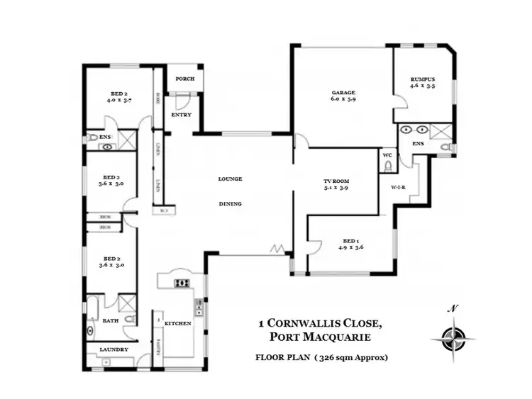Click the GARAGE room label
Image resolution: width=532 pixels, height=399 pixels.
[x=343, y=93]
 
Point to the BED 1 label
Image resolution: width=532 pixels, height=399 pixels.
[x=350, y=240]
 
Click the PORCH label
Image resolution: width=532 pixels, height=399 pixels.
[x=184, y=79]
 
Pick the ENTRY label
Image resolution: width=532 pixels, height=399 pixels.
[x=182, y=115]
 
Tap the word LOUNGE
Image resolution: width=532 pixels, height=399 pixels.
[x=230, y=179]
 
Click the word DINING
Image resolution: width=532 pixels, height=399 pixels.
[x=230, y=204]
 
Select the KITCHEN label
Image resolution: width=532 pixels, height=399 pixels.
[x=178, y=323]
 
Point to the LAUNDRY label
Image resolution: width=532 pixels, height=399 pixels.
[x=113, y=349]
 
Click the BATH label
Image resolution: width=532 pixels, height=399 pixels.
[x=111, y=320]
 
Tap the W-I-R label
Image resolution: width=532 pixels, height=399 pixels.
[x=397, y=188]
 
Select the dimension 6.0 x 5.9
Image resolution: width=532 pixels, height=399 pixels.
[x=343, y=101]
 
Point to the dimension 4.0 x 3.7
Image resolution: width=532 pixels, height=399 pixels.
[x=119, y=101]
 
